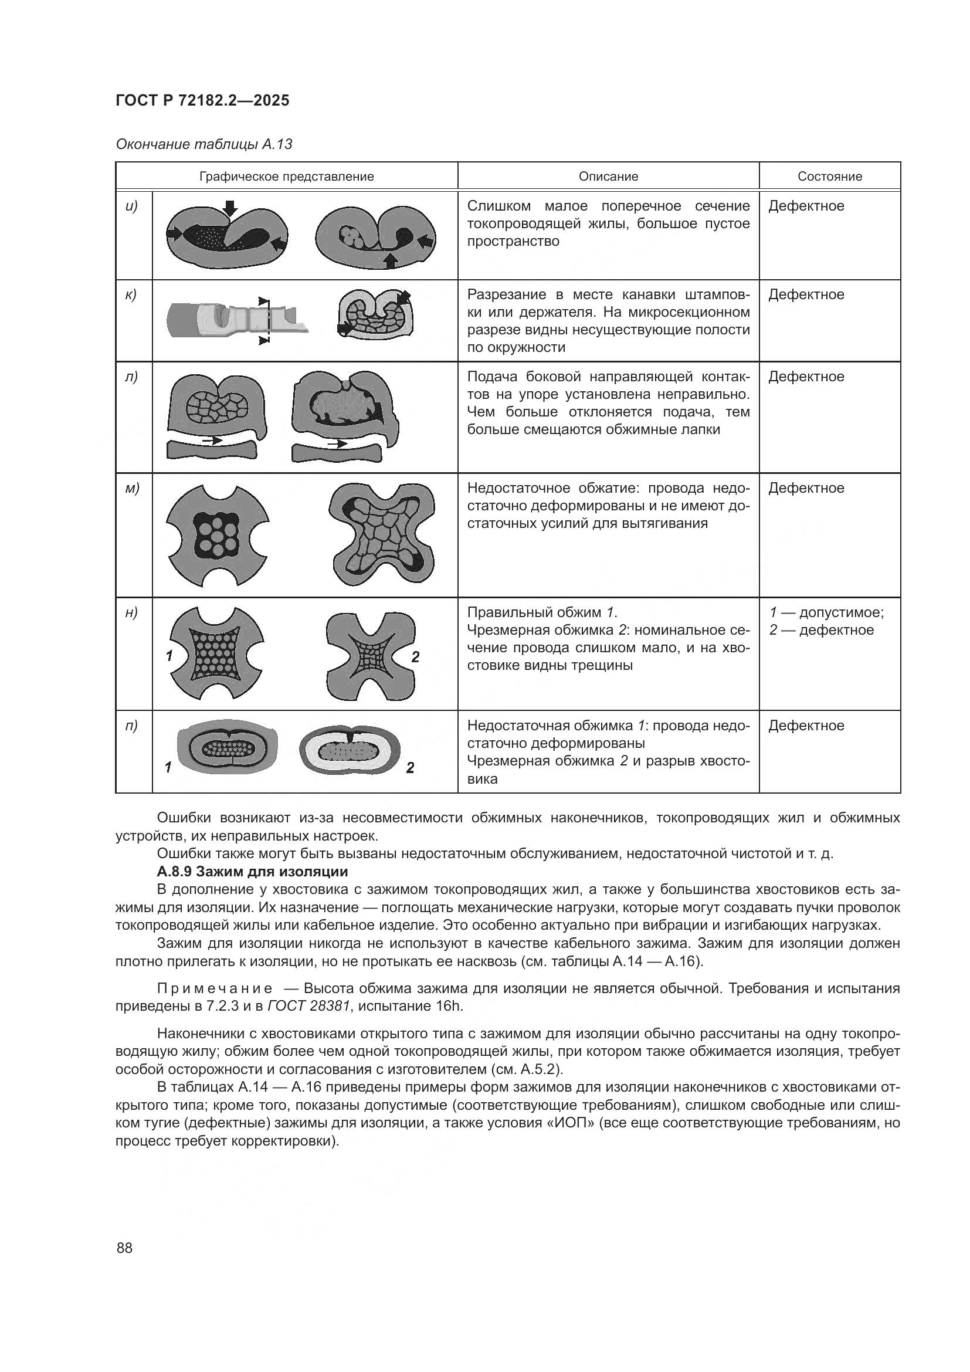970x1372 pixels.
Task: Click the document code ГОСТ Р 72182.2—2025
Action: pyautogui.click(x=202, y=100)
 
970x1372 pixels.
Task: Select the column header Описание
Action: pyautogui.click(x=608, y=177)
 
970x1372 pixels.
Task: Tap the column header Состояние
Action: pyautogui.click(x=829, y=177)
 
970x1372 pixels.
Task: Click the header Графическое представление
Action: pyautogui.click(x=286, y=177)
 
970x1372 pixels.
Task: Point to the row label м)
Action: pyautogui.click(x=132, y=488)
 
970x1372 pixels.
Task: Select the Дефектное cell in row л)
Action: pyautogui.click(x=806, y=377)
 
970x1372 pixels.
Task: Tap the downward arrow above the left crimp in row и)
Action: pyautogui.click(x=230, y=209)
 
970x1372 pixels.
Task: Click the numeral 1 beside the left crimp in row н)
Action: pyautogui.click(x=169, y=656)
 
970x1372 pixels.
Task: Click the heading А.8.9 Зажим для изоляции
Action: pyautogui.click(x=252, y=871)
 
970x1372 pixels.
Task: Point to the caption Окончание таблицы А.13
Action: pyautogui.click(x=204, y=144)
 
